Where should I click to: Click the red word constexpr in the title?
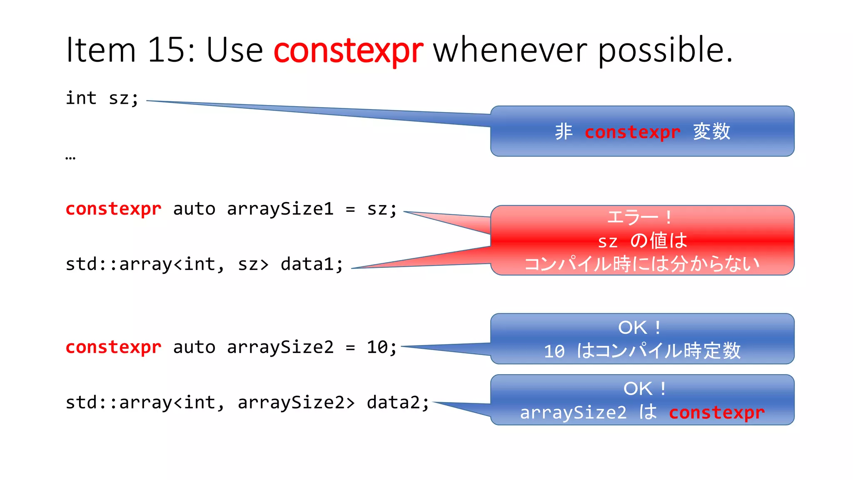coord(348,50)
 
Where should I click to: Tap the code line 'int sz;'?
coord(102,98)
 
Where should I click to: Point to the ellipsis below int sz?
coord(70,158)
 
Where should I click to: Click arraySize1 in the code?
coord(280,209)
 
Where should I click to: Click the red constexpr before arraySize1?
coord(113,209)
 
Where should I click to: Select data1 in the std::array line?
coord(312,264)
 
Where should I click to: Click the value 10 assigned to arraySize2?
coord(377,347)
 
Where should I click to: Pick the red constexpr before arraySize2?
coord(113,347)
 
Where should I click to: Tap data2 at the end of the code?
coord(397,402)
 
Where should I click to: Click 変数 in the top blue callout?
coord(711,132)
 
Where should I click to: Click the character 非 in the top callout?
coord(564,132)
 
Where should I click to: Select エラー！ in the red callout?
coord(640,217)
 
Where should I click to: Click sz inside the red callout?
coord(608,241)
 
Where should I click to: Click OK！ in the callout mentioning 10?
coord(640,327)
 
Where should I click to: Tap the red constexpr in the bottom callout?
coord(717,412)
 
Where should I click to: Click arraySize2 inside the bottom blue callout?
coord(573,412)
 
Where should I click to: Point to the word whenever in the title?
coord(510,50)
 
